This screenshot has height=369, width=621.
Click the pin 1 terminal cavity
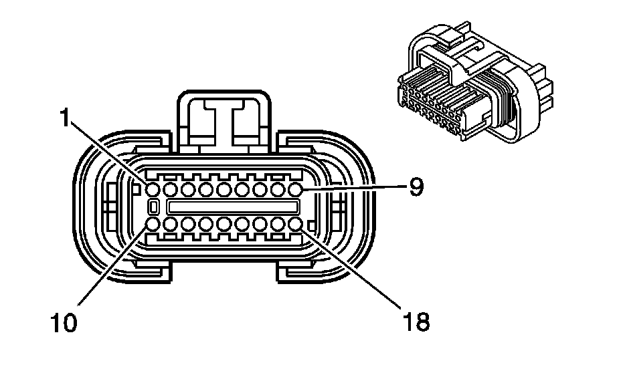153,191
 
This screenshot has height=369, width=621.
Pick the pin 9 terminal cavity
296,191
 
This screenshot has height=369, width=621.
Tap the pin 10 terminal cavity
153,223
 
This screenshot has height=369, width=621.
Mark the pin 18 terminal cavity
296,223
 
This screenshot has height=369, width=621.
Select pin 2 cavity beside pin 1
171,191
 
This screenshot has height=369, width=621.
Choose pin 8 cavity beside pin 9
278,191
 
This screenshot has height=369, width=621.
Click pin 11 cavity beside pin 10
171,223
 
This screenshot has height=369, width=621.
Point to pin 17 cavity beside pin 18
278,223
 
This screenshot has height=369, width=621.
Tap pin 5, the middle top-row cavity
224,191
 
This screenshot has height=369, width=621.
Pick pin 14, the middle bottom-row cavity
224,223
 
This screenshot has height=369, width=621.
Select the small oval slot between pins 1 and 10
153,207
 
